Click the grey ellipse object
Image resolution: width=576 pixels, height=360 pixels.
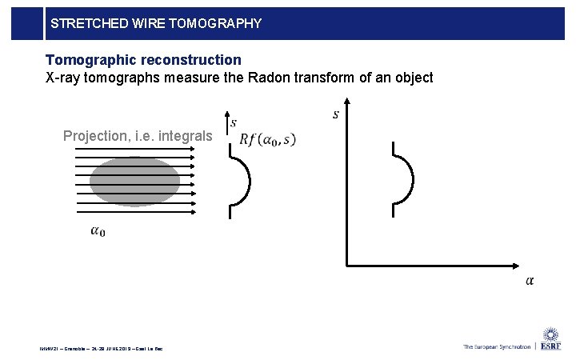pos(134,181)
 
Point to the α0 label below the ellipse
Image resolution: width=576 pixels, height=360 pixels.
pos(98,232)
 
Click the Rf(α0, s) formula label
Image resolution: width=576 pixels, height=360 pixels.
pos(267,140)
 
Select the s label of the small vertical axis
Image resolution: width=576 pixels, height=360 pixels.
pos(233,122)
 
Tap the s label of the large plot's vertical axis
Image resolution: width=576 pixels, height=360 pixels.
pos(335,114)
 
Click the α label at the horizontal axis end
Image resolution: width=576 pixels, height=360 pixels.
pos(530,280)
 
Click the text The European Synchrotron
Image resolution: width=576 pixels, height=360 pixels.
pos(496,346)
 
